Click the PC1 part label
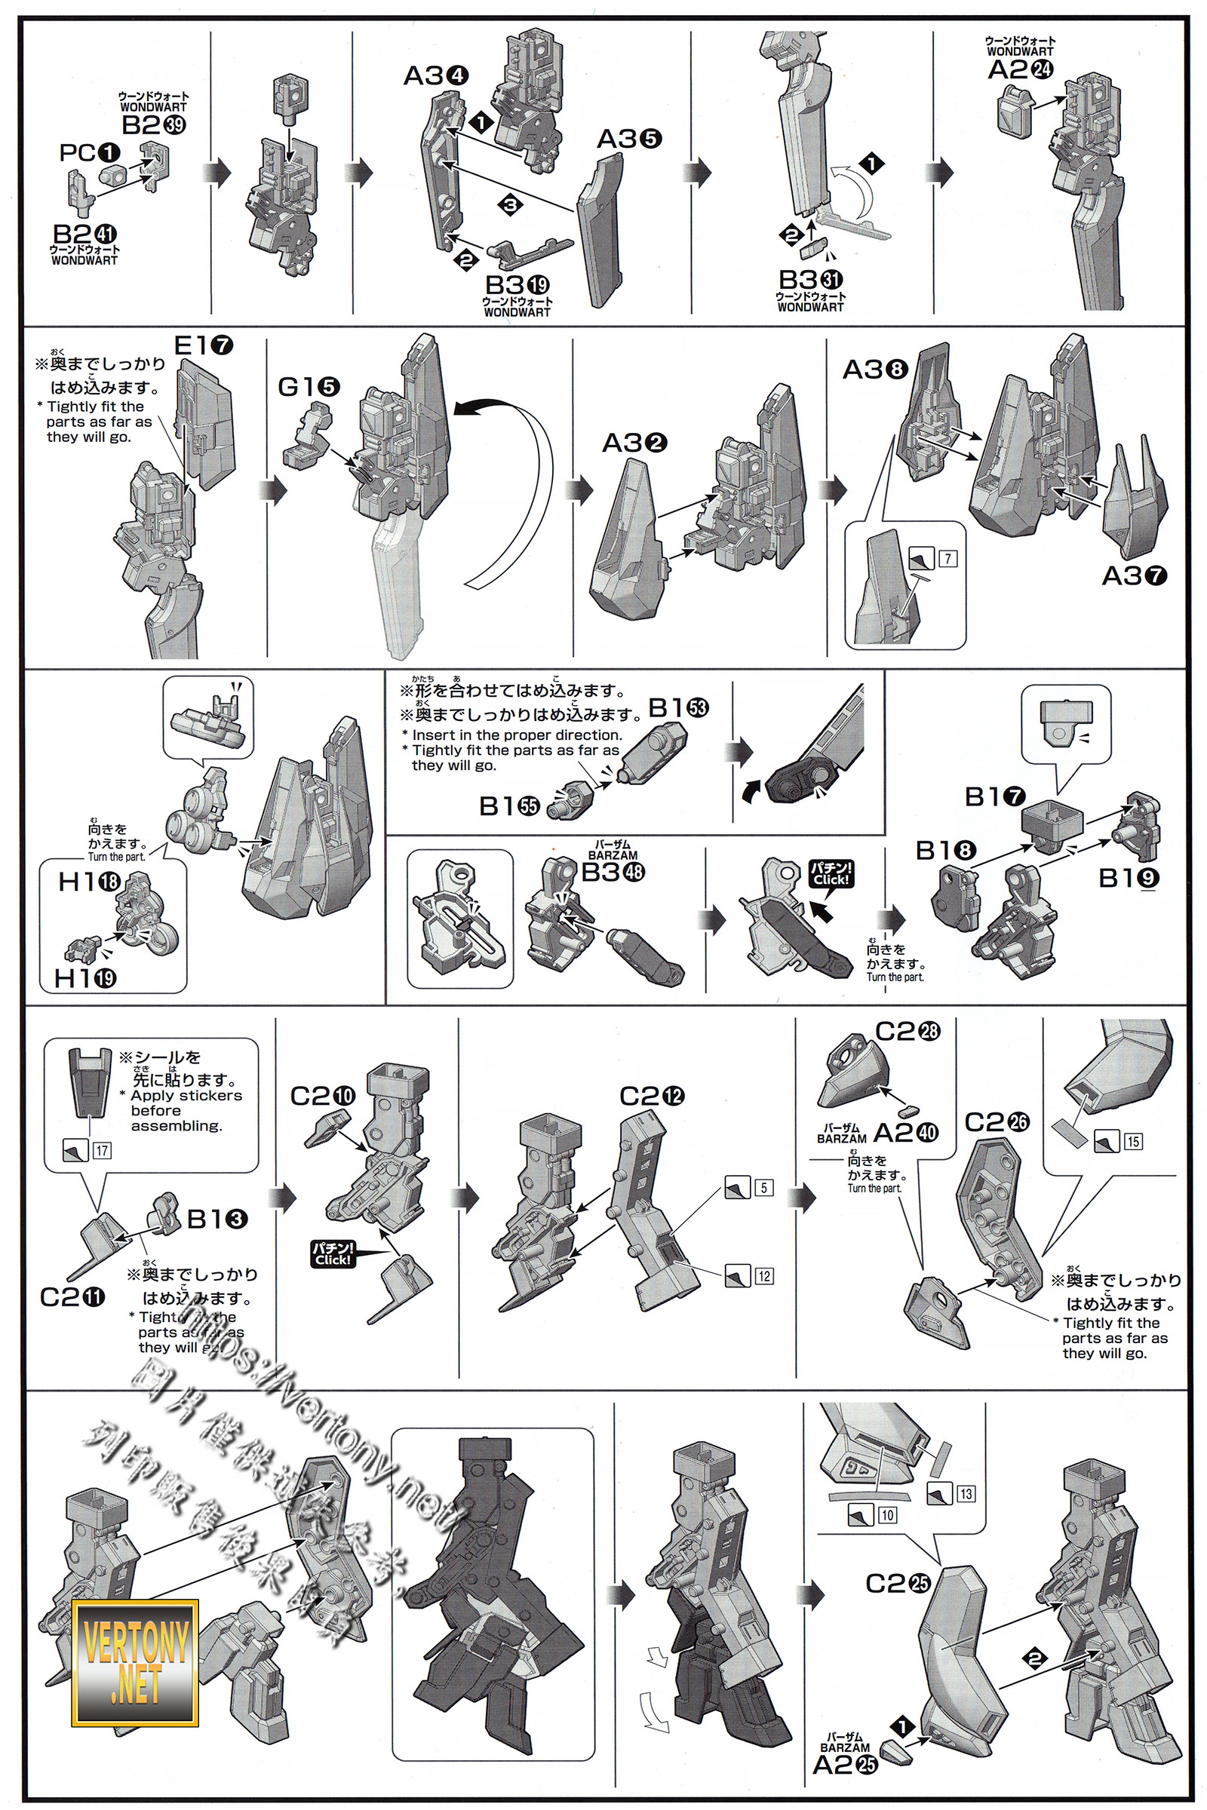tap(89, 152)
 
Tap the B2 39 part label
tap(153, 124)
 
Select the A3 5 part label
tap(629, 139)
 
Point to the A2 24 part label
tap(1020, 69)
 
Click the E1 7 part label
tap(203, 345)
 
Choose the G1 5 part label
tap(308, 386)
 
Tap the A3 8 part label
tap(875, 370)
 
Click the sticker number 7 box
tap(948, 558)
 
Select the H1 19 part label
tap(84, 978)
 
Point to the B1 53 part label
tap(678, 707)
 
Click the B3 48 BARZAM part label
tap(613, 872)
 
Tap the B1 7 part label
tap(994, 796)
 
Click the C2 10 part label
tap(323, 1096)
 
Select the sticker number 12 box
tap(763, 1276)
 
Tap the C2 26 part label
tap(996, 1122)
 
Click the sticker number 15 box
tap(1133, 1141)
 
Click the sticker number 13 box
tap(966, 1494)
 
